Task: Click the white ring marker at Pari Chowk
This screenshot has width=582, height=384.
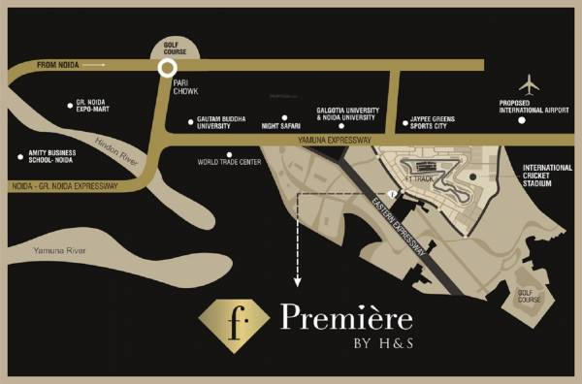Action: [x=167, y=67]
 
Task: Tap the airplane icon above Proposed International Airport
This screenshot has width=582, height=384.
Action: [x=529, y=82]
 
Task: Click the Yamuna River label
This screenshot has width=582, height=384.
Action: [x=59, y=251]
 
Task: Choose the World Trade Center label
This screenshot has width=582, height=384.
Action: [x=229, y=163]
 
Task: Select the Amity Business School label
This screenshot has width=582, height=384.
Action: [x=52, y=159]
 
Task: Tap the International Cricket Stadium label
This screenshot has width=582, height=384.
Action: [x=550, y=176]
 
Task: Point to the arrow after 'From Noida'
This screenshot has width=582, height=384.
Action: [x=93, y=64]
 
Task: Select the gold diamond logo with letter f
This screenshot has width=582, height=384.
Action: [x=234, y=323]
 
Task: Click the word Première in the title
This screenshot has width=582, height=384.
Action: [x=346, y=318]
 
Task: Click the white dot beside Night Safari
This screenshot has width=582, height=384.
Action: [x=284, y=117]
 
